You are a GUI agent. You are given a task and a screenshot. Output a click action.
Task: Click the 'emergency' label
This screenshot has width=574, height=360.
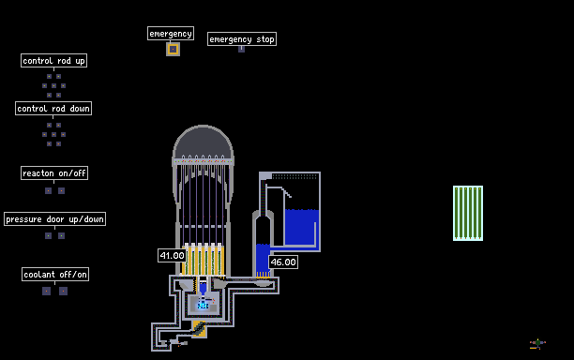pyautogui.click(x=171, y=34)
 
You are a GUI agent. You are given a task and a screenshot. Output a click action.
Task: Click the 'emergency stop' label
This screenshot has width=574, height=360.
pyautogui.click(x=242, y=39)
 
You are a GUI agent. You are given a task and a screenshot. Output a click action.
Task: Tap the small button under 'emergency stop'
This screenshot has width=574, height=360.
pyautogui.click(x=242, y=49)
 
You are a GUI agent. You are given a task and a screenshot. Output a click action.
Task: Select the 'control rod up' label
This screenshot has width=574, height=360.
pyautogui.click(x=53, y=61)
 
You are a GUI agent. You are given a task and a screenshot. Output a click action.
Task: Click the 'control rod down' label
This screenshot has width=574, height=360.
pyautogui.click(x=53, y=109)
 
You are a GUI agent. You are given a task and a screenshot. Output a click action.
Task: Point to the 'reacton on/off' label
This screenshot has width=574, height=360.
pyautogui.click(x=54, y=173)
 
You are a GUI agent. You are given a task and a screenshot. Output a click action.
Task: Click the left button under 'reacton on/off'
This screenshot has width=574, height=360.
pyautogui.click(x=49, y=190)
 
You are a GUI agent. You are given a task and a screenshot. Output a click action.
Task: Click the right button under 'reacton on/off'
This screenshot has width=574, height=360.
pyautogui.click(x=62, y=190)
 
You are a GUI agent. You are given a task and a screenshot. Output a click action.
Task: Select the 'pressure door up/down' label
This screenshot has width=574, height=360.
pyautogui.click(x=55, y=219)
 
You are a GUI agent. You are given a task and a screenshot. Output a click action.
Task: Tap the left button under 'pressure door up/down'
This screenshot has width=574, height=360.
pyautogui.click(x=49, y=236)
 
